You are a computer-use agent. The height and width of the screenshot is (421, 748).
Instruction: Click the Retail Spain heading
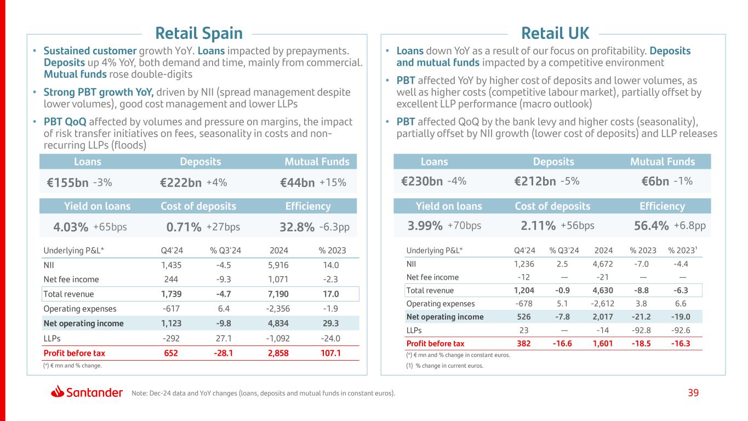(x=198, y=33)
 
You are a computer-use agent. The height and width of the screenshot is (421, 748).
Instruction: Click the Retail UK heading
(x=555, y=33)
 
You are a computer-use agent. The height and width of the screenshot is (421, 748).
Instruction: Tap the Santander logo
(x=87, y=392)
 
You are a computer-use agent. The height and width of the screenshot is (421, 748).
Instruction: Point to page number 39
(x=693, y=392)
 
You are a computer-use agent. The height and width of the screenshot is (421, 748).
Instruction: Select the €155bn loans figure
(x=67, y=183)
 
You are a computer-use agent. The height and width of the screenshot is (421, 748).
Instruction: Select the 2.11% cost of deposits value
(x=539, y=226)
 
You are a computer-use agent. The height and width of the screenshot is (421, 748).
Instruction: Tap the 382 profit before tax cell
(x=524, y=344)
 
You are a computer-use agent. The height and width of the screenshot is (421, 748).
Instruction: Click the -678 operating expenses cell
(x=524, y=304)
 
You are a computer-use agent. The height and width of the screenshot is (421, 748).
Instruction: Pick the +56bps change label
(x=578, y=225)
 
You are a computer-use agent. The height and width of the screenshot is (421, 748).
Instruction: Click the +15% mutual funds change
(x=333, y=183)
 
